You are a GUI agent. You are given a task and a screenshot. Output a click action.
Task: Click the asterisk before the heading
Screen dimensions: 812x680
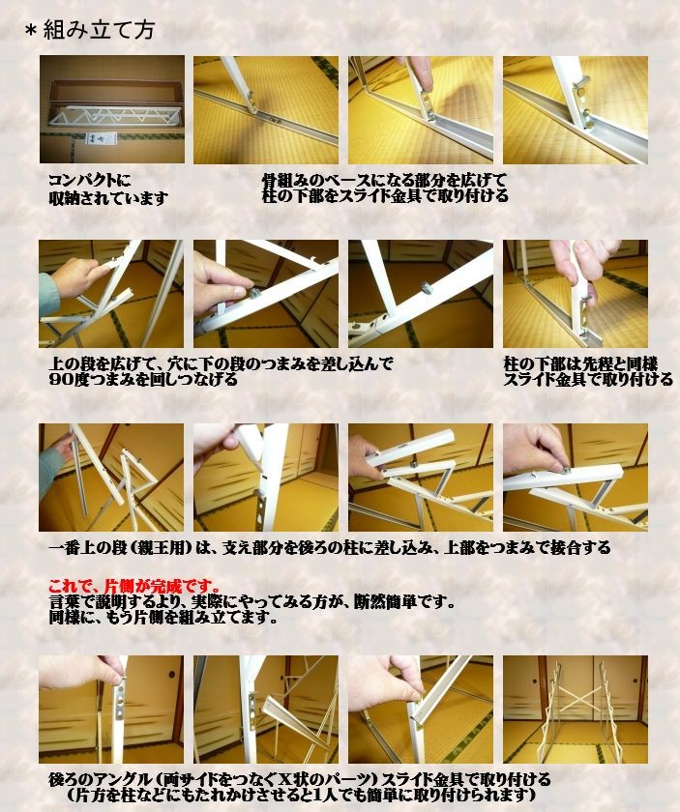click(x=30, y=31)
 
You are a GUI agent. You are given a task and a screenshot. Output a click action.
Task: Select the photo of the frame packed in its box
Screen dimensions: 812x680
click(x=111, y=109)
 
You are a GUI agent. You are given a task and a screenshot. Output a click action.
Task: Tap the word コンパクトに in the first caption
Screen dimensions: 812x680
click(x=89, y=180)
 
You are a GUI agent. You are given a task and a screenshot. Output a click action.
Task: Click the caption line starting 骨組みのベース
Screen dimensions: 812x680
click(x=384, y=180)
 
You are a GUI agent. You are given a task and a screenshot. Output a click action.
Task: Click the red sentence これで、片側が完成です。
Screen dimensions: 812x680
click(x=134, y=586)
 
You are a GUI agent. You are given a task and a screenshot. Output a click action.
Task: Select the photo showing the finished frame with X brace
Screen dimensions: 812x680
click(x=575, y=710)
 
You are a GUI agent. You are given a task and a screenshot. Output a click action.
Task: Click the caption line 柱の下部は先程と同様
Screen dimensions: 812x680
click(x=580, y=363)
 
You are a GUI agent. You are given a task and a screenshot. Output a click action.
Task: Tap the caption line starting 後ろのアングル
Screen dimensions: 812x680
click(x=300, y=778)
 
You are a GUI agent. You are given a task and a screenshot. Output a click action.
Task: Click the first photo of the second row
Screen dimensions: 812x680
click(x=111, y=294)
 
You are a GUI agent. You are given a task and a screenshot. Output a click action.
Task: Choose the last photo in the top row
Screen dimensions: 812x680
click(x=575, y=109)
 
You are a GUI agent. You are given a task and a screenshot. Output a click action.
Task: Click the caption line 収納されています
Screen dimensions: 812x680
click(x=108, y=197)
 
